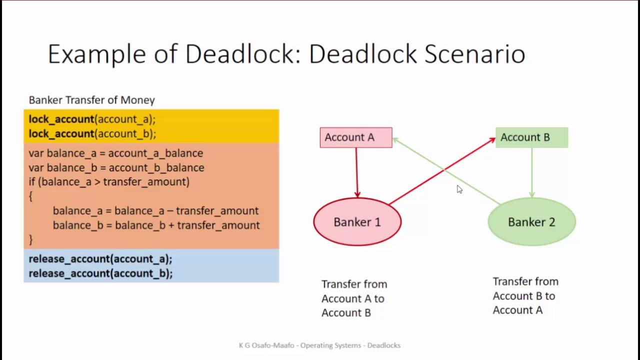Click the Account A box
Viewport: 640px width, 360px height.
(355, 137)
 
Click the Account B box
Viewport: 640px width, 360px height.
(531, 137)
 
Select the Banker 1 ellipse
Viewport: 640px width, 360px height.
(357, 222)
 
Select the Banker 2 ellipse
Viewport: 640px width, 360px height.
(531, 222)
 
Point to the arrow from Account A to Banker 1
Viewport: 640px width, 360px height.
(356, 172)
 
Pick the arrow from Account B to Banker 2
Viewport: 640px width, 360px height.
(531, 172)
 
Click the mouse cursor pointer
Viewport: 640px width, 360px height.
(459, 189)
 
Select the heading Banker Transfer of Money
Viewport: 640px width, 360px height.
(91, 100)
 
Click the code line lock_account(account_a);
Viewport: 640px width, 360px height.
(92, 119)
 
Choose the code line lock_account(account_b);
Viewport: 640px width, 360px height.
(92, 133)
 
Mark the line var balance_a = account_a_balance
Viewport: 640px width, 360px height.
(115, 153)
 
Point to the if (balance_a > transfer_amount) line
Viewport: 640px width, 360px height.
(109, 181)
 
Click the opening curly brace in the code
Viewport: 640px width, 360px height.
(30, 196)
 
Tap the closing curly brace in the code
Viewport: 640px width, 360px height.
(30, 239)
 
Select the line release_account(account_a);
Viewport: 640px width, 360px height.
(100, 259)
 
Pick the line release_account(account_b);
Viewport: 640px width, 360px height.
(100, 273)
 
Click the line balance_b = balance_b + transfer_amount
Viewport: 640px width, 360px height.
(156, 225)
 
